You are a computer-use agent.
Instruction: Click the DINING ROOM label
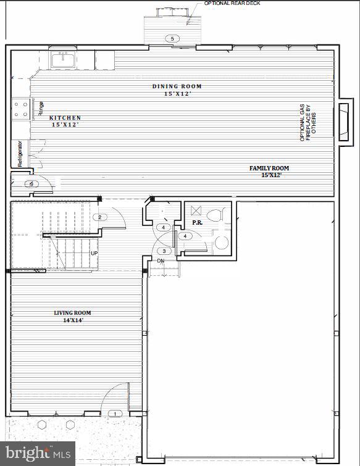pyautogui.click(x=177, y=86)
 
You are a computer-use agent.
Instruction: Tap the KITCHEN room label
pyautogui.click(x=65, y=117)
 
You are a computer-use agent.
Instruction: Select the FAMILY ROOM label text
pyautogui.click(x=269, y=168)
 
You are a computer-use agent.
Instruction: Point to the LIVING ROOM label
pyautogui.click(x=72, y=313)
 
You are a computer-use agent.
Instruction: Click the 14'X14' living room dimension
pyautogui.click(x=72, y=320)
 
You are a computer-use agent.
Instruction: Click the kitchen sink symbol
pyautogui.click(x=63, y=60)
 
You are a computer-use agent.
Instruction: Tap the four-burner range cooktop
pyautogui.click(x=20, y=109)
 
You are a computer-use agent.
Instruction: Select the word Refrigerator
pyautogui.click(x=20, y=154)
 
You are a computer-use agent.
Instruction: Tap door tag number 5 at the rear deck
pyautogui.click(x=172, y=39)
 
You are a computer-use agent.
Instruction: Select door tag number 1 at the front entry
pyautogui.click(x=114, y=413)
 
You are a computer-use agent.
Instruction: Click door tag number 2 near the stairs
pyautogui.click(x=99, y=217)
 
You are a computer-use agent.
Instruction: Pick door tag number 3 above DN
pyautogui.click(x=164, y=251)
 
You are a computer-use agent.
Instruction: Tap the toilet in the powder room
pyautogui.click(x=215, y=216)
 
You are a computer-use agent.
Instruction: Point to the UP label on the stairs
pyautogui.click(x=94, y=254)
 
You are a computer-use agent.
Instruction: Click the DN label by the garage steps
pyautogui.click(x=161, y=261)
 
